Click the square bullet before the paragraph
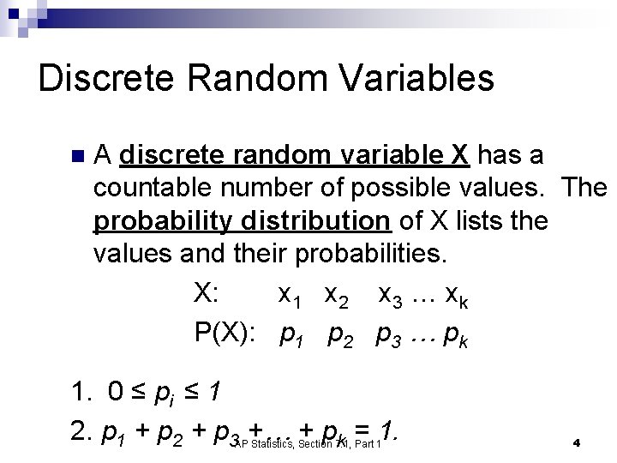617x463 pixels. click(x=78, y=157)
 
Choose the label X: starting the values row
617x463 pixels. click(x=209, y=293)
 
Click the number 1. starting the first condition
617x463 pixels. click(x=83, y=392)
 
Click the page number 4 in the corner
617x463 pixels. click(x=577, y=443)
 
